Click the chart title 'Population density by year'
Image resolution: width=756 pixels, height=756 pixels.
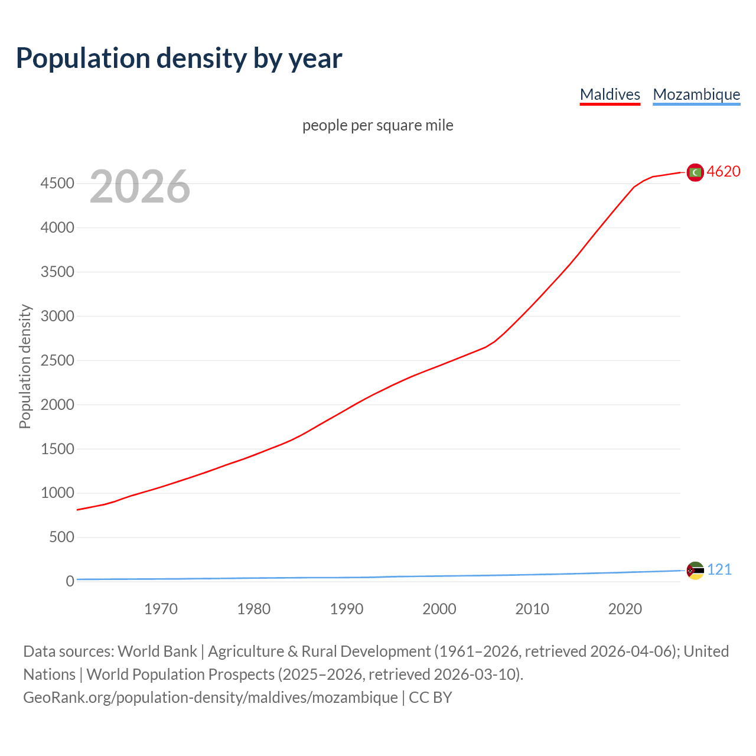click(179, 58)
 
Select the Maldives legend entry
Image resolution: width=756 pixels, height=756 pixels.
click(610, 94)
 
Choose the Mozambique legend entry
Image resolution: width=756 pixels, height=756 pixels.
click(696, 94)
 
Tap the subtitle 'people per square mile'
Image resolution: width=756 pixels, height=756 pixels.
click(377, 125)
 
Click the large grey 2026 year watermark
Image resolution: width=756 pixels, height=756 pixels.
click(140, 187)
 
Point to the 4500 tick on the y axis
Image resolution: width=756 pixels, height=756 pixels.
click(57, 184)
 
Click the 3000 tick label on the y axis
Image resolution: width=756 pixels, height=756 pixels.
click(57, 316)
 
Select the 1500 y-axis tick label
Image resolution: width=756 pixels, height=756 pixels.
click(57, 449)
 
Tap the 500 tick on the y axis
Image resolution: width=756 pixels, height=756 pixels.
click(61, 537)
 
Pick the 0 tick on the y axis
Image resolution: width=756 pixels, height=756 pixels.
click(70, 581)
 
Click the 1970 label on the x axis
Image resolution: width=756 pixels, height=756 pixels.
click(161, 609)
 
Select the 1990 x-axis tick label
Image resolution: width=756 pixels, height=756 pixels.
click(347, 609)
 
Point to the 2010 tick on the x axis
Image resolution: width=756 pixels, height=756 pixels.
click(532, 609)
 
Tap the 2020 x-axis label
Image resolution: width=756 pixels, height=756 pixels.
click(625, 609)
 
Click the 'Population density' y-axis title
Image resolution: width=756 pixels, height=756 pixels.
click(25, 366)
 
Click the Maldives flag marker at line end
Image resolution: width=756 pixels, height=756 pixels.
click(695, 172)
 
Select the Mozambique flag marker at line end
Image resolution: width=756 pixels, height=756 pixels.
click(695, 571)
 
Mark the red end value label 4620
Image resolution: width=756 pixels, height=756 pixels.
click(724, 171)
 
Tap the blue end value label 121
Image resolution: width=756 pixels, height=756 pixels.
click(719, 569)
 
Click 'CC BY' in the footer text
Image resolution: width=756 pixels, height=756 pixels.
click(431, 698)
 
